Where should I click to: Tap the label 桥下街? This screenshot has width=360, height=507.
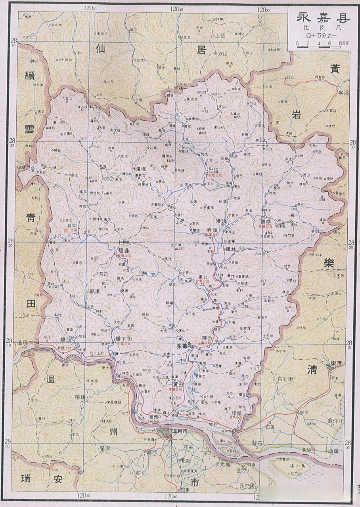(123, 339)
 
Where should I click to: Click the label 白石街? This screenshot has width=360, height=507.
(285, 379)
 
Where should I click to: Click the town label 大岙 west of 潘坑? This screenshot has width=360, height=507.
(109, 178)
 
